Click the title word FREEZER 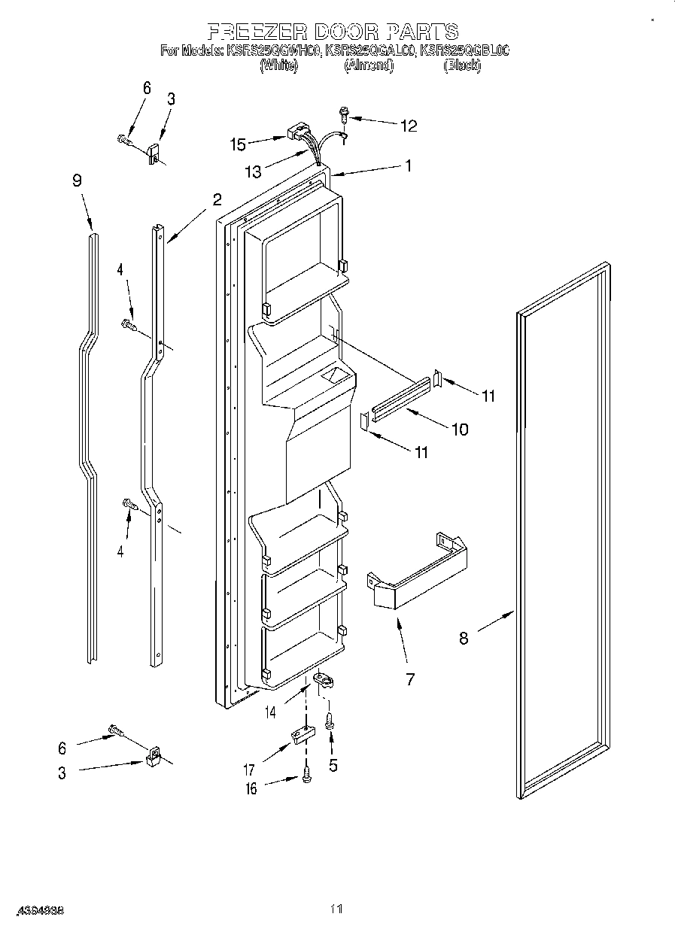[x=253, y=32]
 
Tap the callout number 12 [x=408, y=126]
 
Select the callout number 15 [x=238, y=144]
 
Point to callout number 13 [x=253, y=172]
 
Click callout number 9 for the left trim [x=77, y=181]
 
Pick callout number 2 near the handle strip [x=217, y=199]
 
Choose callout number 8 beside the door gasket [x=464, y=638]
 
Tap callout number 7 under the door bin [x=410, y=679]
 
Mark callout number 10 [x=459, y=430]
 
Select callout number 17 [x=248, y=770]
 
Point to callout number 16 [x=251, y=788]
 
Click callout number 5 [x=333, y=765]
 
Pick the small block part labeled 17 [x=302, y=734]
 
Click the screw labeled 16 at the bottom [x=307, y=775]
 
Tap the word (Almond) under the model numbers [x=369, y=65]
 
